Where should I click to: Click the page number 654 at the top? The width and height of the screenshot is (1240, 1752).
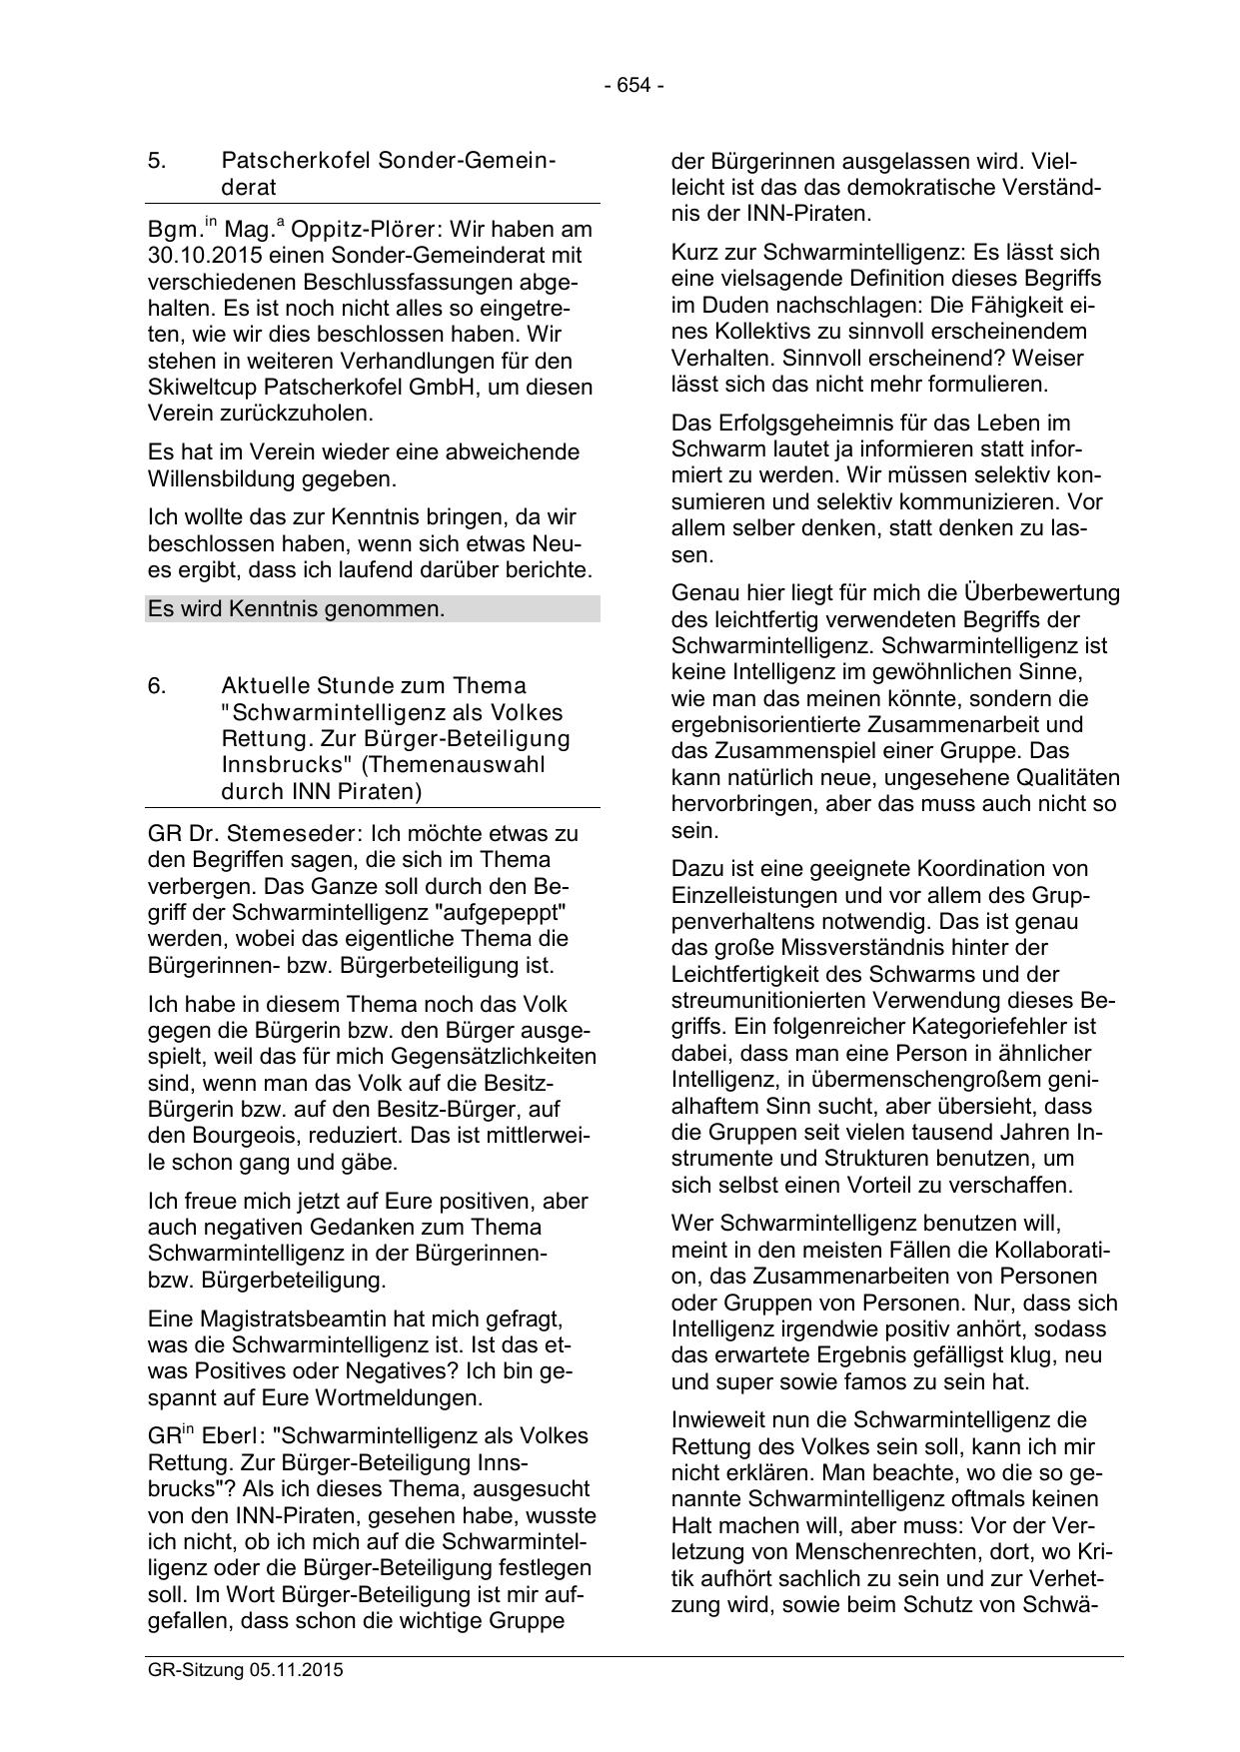coord(633,86)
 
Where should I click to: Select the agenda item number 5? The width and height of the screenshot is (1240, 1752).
coord(156,161)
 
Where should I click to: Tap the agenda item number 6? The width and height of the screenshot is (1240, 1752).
coord(156,686)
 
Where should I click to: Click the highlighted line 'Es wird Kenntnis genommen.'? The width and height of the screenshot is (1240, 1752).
coord(296,608)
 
